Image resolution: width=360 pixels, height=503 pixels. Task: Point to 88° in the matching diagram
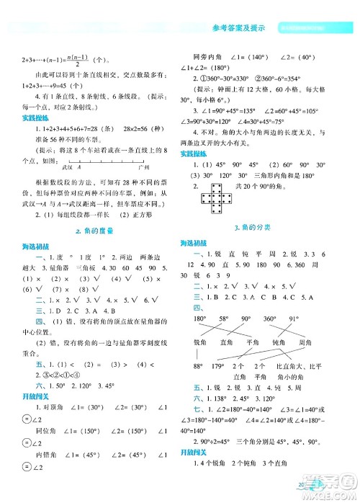coord(196,368)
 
